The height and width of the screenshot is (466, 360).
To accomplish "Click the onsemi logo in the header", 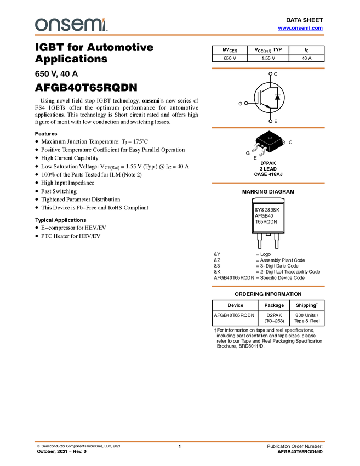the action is [x=71, y=25].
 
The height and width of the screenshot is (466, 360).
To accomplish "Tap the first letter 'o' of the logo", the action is [x=40, y=25].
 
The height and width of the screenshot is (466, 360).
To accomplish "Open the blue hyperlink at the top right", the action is [x=300, y=28].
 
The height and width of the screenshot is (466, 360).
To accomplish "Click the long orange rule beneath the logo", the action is [x=180, y=35].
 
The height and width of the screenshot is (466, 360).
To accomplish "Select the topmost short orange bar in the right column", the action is [x=268, y=69].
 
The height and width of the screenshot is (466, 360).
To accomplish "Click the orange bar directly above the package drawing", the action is [x=268, y=128].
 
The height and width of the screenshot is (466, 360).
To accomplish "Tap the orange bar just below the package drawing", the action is [x=268, y=183].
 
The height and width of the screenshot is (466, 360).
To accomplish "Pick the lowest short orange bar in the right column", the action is [x=268, y=286].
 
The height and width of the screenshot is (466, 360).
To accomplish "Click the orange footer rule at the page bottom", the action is [x=180, y=441].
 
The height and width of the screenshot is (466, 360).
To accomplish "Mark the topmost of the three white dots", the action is [x=270, y=73].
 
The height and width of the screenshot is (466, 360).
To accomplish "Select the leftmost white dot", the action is [x=246, y=103].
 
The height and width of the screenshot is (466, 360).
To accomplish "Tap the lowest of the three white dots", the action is [x=270, y=121].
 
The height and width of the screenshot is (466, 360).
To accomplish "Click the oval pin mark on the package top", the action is [x=270, y=137].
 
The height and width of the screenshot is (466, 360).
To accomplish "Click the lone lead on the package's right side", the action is [x=284, y=143].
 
